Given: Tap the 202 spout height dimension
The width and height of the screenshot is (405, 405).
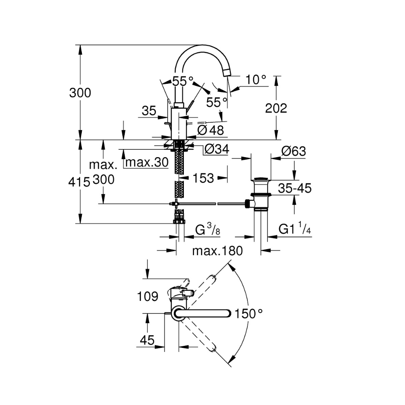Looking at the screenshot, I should [276, 108].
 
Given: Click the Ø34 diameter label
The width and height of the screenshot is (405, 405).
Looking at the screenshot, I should [216, 149].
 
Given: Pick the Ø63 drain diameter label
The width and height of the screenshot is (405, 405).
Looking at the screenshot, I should [293, 152].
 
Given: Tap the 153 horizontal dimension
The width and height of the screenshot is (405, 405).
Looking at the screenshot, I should [204, 178].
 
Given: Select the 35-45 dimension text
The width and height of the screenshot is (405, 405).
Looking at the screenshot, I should [294, 188].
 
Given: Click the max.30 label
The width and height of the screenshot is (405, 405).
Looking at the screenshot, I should [146, 162].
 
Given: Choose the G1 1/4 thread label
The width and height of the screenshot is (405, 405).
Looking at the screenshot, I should [294, 230].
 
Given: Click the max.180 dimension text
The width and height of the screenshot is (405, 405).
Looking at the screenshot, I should [217, 251].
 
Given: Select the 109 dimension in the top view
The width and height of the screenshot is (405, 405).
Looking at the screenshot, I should [147, 296].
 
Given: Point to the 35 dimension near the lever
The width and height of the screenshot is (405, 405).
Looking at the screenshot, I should [149, 111].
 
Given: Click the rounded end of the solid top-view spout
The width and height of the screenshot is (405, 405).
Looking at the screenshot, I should [228, 313].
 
